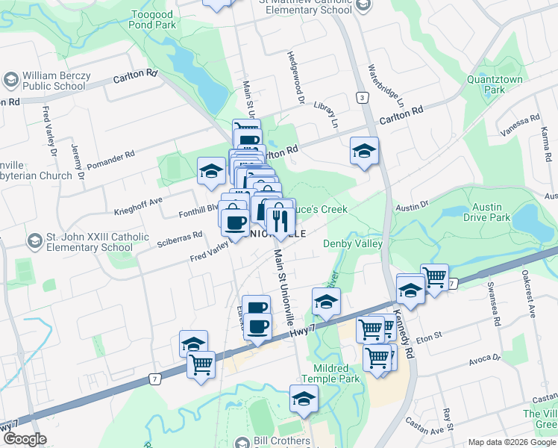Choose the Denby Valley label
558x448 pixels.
point(352,244)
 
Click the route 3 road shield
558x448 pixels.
point(362,98)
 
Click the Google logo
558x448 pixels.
point(25,438)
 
